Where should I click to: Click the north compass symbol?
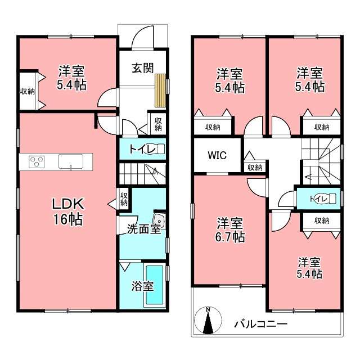coord(208,320)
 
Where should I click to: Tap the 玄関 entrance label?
coord(142,68)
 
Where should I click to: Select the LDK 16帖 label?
coord(68,211)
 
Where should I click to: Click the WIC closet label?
coord(217,155)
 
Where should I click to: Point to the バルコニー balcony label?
coord(261,324)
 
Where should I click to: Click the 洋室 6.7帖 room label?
coord(230,230)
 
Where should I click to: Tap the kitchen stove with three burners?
coord(37,162)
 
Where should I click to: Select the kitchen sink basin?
coord(71,161)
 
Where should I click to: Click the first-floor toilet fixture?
coord(156,149)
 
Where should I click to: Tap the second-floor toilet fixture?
coord(328,199)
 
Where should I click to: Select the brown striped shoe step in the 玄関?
coord(160,91)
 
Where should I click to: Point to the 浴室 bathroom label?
coord(142,286)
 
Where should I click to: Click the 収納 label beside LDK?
coord(124,199)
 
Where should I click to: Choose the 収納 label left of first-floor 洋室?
coord(28,91)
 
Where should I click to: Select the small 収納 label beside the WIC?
coord(255,168)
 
